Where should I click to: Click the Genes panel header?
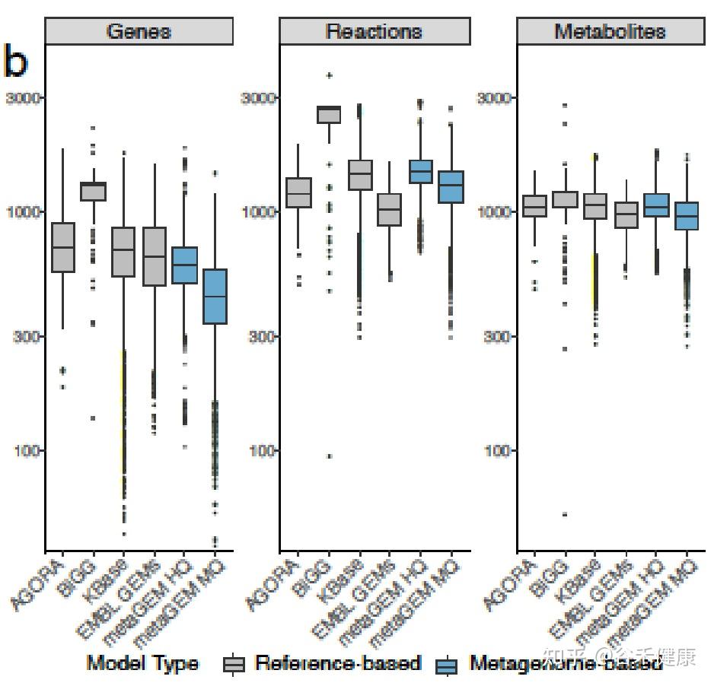(139, 32)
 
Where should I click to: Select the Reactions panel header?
(374, 32)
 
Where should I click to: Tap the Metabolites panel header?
(610, 32)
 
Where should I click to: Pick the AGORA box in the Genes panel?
(62, 247)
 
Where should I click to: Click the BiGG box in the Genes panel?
(94, 191)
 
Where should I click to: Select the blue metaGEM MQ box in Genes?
(215, 296)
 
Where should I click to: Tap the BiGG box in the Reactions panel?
(329, 114)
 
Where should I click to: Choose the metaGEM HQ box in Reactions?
(420, 171)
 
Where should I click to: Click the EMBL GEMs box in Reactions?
(389, 209)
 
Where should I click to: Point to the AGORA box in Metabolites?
(534, 206)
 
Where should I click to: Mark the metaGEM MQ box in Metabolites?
(687, 216)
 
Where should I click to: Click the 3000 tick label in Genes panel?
(23, 98)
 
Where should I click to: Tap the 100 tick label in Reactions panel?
(260, 450)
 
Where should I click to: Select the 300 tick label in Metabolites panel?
(496, 336)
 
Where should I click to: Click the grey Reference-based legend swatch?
(234, 665)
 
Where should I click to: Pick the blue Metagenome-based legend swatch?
(447, 665)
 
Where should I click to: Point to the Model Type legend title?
(142, 663)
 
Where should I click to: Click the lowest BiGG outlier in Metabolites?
(565, 514)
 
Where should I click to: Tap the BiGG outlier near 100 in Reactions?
(329, 456)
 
